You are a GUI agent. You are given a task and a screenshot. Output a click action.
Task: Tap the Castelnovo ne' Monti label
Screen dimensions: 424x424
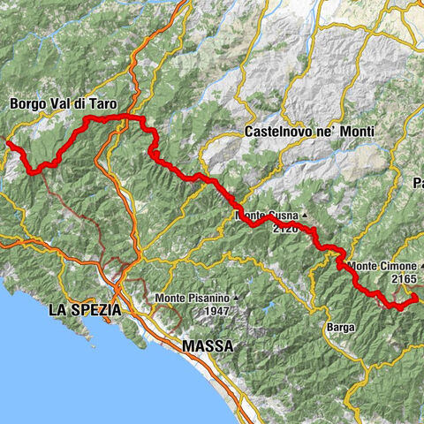tap(307, 131)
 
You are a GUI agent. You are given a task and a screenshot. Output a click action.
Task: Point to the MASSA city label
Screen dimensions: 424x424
tap(208, 346)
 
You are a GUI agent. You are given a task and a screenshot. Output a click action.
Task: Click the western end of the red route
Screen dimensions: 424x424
tap(8, 143)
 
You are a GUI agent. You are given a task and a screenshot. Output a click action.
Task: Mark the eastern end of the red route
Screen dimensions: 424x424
tap(414, 301)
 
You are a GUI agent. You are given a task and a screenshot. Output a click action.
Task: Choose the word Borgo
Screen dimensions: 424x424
tap(27, 103)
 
